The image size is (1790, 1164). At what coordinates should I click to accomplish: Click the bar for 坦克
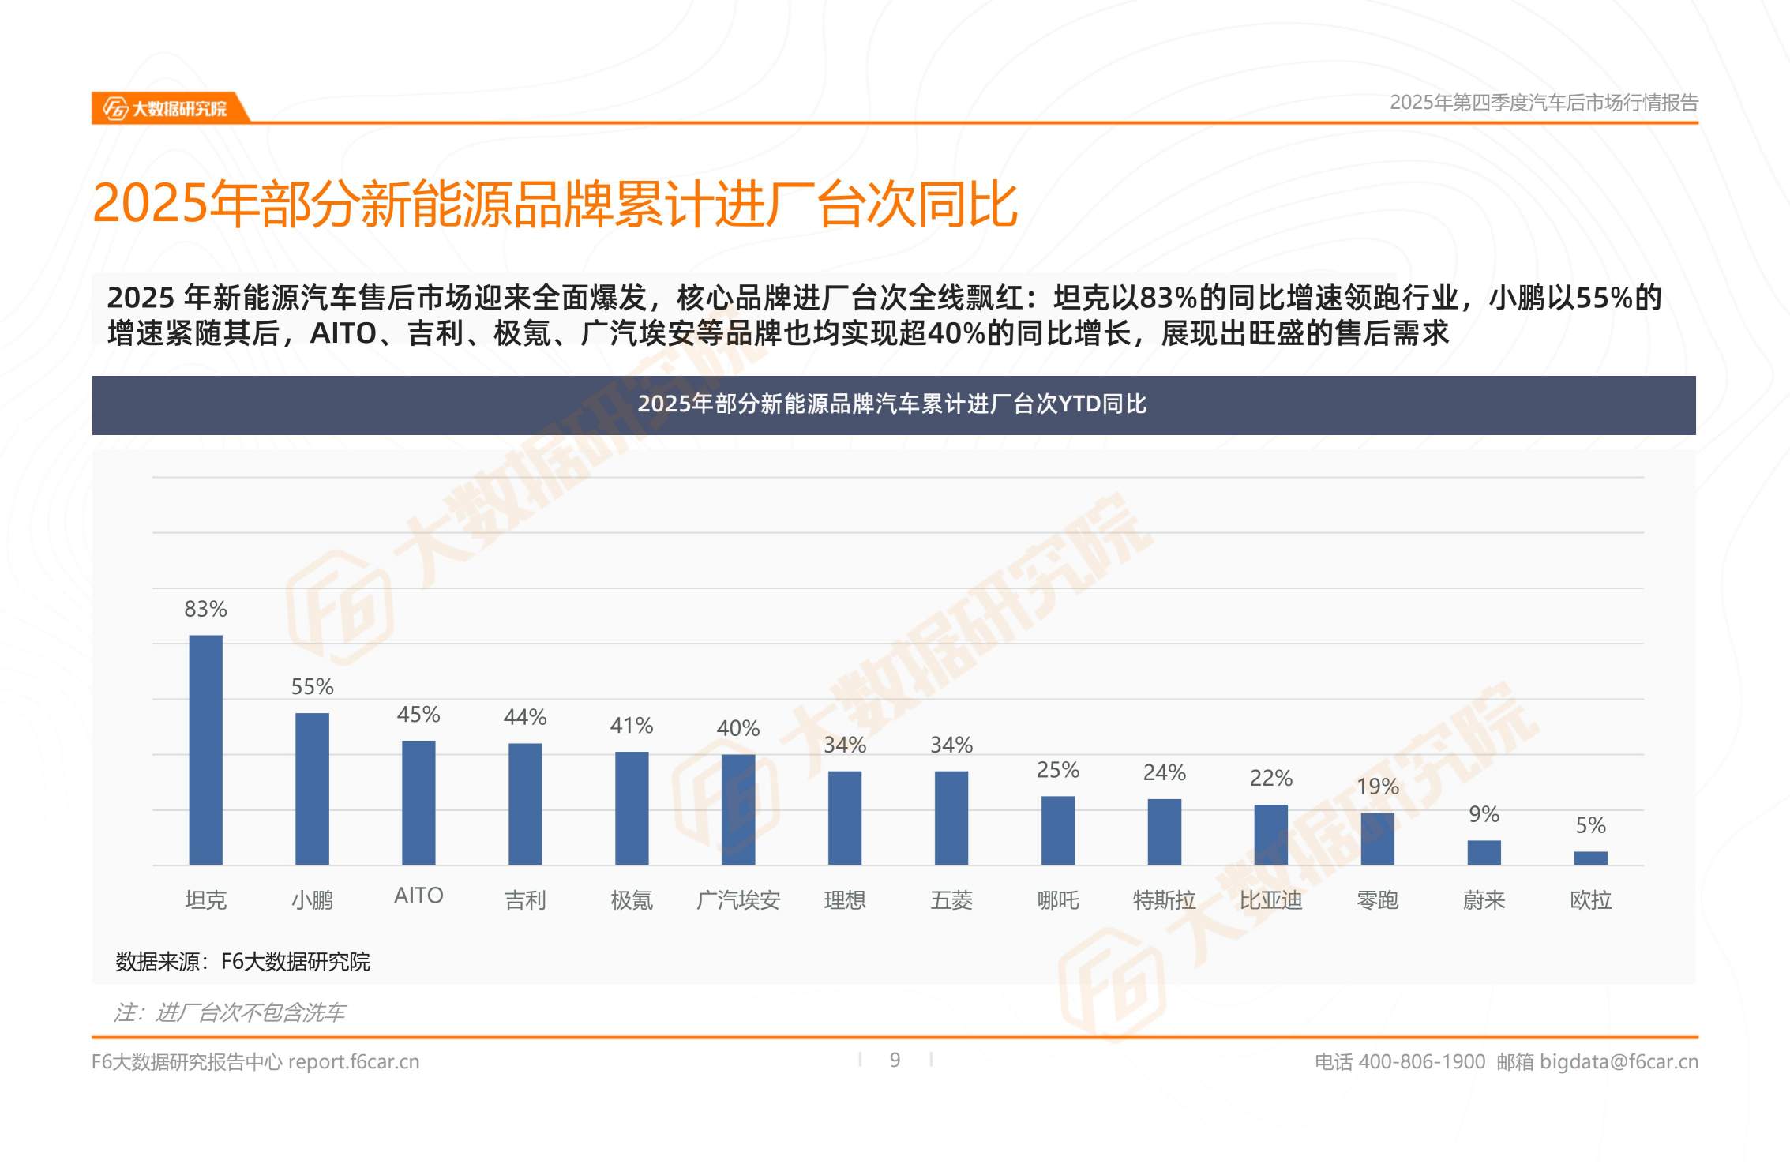[x=205, y=749]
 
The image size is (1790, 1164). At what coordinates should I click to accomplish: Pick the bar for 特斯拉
[x=1164, y=832]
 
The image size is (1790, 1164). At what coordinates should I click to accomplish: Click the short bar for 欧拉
[x=1590, y=858]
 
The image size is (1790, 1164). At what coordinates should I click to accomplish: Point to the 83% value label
[x=205, y=609]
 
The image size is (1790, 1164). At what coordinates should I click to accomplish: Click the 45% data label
[x=418, y=715]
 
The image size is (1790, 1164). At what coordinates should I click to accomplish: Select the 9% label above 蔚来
[x=1484, y=814]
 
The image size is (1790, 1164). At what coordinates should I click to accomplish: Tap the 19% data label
[x=1377, y=787]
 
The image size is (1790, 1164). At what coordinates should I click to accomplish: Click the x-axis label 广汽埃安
[x=738, y=899]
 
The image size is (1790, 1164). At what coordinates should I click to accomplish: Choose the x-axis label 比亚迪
[x=1270, y=899]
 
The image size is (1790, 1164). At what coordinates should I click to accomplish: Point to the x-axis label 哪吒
[x=1057, y=899]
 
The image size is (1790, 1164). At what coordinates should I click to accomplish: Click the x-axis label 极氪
[x=632, y=899]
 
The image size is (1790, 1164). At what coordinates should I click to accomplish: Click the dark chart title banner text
[x=891, y=404]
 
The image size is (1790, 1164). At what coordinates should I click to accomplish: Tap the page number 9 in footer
[x=895, y=1060]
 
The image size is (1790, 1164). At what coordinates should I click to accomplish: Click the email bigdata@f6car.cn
[x=1618, y=1061]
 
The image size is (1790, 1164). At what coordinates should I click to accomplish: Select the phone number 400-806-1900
[x=1421, y=1061]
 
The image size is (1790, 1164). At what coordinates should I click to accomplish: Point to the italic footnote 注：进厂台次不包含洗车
[x=230, y=1012]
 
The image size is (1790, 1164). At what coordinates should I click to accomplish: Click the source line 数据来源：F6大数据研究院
[x=242, y=961]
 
